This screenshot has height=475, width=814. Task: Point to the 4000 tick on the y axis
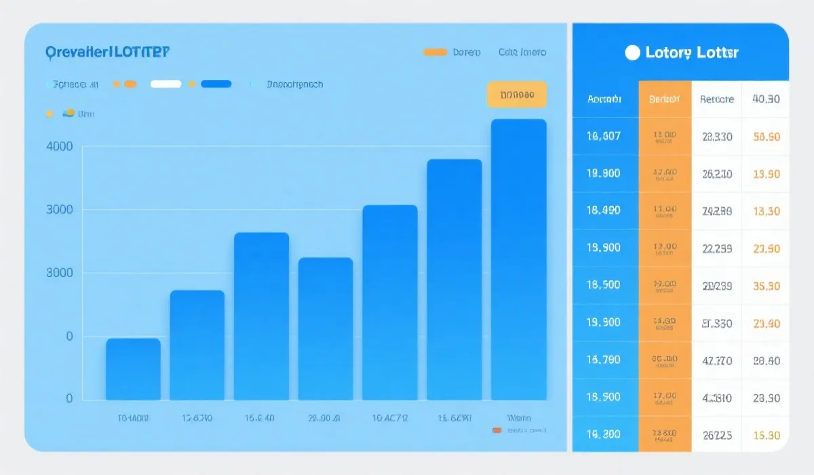pyautogui.click(x=59, y=146)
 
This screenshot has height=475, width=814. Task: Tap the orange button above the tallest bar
pyautogui.click(x=516, y=95)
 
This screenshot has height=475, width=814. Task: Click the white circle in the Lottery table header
pyautogui.click(x=632, y=53)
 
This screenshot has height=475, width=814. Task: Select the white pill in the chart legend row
pyautogui.click(x=166, y=84)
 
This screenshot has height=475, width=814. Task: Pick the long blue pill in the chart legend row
pyautogui.click(x=216, y=84)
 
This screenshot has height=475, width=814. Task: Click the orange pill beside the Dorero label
pyautogui.click(x=435, y=52)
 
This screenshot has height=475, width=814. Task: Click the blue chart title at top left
pyautogui.click(x=108, y=52)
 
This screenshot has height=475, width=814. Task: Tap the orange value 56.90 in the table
pyautogui.click(x=767, y=136)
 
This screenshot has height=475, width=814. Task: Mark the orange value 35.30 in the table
pyautogui.click(x=767, y=286)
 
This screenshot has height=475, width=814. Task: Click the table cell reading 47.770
pyautogui.click(x=716, y=360)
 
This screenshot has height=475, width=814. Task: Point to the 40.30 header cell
pyautogui.click(x=766, y=99)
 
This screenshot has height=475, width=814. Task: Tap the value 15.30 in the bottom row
pyautogui.click(x=767, y=435)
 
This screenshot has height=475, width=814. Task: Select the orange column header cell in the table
pyautogui.click(x=664, y=99)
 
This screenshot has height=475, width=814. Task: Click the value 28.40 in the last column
pyautogui.click(x=767, y=360)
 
